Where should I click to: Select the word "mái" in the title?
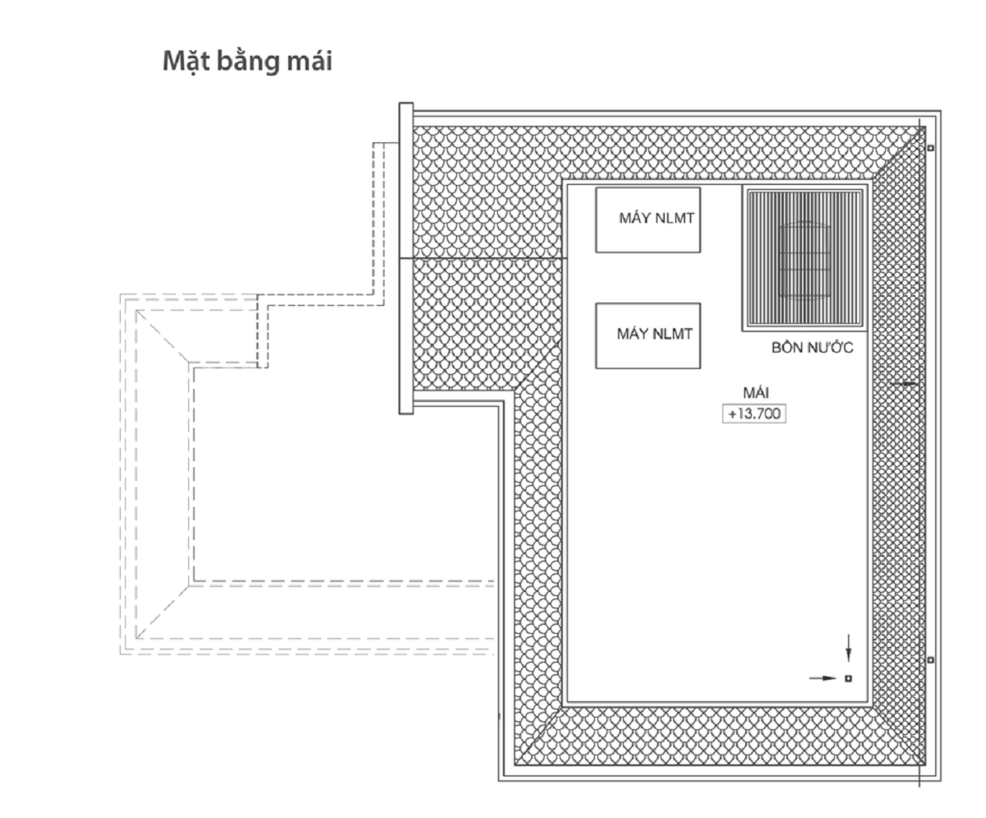[x=309, y=62]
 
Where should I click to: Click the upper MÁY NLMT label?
[x=657, y=218]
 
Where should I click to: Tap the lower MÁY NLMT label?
[x=655, y=334]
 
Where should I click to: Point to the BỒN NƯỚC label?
[x=813, y=347]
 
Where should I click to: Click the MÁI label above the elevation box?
[x=756, y=392]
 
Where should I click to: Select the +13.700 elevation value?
[x=754, y=414]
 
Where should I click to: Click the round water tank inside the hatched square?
[x=804, y=261]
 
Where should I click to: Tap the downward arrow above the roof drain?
[x=848, y=648]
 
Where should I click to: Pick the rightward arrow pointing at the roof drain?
[x=822, y=678]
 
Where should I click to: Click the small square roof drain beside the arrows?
[x=848, y=678]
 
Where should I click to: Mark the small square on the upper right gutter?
[x=930, y=148]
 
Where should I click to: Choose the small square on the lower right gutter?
[x=930, y=659]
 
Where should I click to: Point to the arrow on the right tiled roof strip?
[x=903, y=384]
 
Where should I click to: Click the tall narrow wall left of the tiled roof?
[x=406, y=258]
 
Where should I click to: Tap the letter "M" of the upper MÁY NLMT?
[x=624, y=219]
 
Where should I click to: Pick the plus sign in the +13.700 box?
[x=732, y=414]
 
